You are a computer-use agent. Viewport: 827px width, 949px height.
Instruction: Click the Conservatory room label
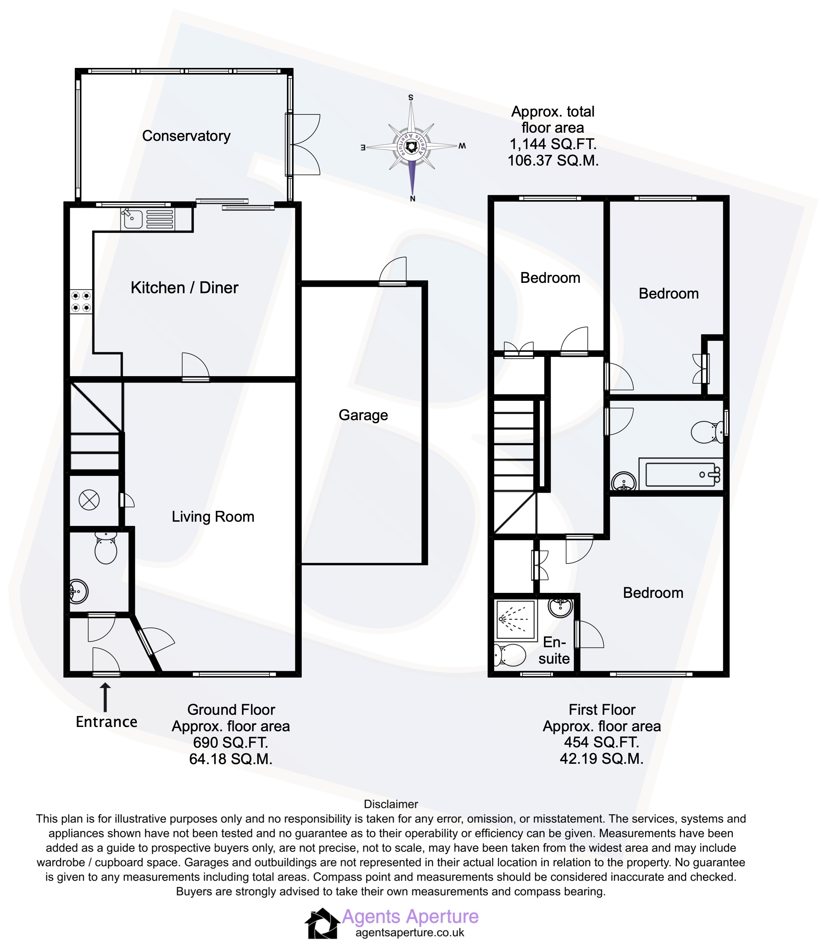[186, 136]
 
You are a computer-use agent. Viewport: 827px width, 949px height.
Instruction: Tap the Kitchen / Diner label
[184, 288]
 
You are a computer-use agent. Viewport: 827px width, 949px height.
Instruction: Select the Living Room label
[213, 516]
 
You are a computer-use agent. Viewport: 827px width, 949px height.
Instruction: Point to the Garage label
[363, 415]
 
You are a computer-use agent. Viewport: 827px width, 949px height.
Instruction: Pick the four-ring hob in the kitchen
[81, 301]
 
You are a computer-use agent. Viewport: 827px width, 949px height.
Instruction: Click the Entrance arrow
[106, 698]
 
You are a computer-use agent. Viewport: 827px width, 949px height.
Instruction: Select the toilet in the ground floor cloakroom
[106, 549]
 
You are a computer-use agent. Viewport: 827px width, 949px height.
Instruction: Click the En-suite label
[554, 650]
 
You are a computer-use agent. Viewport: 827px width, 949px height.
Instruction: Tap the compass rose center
[411, 147]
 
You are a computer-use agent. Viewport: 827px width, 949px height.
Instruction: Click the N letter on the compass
[413, 199]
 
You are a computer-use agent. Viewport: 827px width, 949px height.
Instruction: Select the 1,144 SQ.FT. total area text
[553, 144]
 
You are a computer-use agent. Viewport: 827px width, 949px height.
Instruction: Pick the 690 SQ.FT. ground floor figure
[230, 742]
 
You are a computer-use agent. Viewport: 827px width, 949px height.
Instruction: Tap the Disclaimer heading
[391, 804]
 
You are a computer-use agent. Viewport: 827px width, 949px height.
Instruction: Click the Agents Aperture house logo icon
[322, 923]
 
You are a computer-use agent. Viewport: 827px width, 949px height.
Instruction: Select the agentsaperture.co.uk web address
[410, 933]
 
